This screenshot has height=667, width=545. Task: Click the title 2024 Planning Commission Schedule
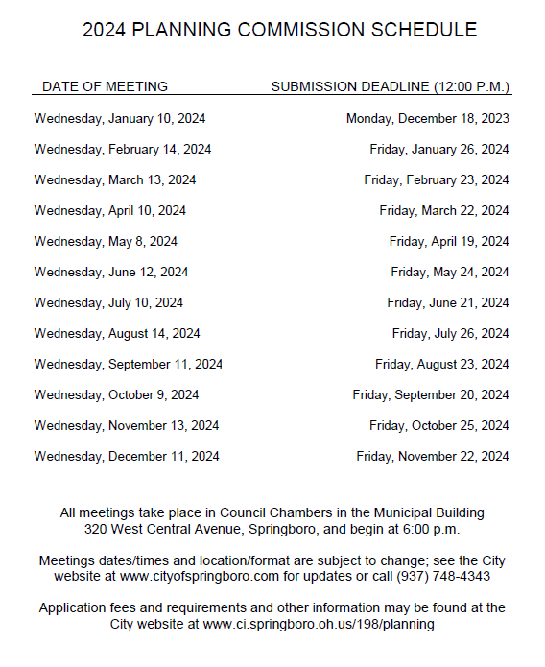(x=279, y=30)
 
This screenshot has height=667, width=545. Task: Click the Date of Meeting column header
(x=105, y=86)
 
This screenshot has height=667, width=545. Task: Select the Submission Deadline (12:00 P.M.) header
(x=390, y=86)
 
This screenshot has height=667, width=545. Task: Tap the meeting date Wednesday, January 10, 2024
(x=119, y=119)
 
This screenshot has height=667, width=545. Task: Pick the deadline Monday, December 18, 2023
(x=427, y=119)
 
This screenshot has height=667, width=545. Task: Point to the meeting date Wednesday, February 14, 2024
(x=122, y=150)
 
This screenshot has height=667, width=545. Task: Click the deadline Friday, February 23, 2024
(x=436, y=180)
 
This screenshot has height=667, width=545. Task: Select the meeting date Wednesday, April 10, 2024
(x=109, y=211)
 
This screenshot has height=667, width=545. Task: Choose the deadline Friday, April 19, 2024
(x=448, y=242)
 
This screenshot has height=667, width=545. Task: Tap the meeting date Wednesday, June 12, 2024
(x=110, y=273)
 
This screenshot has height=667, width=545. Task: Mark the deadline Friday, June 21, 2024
(x=447, y=303)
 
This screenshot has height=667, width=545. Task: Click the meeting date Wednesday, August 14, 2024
(x=117, y=334)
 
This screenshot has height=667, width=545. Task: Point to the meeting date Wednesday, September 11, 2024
(x=128, y=365)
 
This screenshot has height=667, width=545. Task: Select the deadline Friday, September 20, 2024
(x=430, y=395)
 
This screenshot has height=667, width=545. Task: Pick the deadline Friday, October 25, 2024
(x=438, y=426)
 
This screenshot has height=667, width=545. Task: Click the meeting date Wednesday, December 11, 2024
(x=126, y=457)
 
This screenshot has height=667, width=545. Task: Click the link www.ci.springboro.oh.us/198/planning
(x=319, y=625)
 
